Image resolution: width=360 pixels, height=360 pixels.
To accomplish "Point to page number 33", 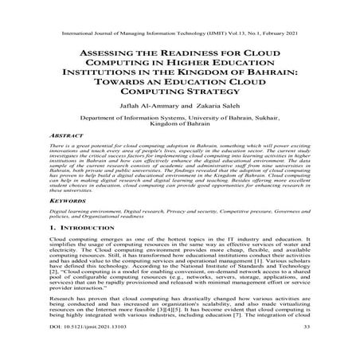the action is click(306, 349).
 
